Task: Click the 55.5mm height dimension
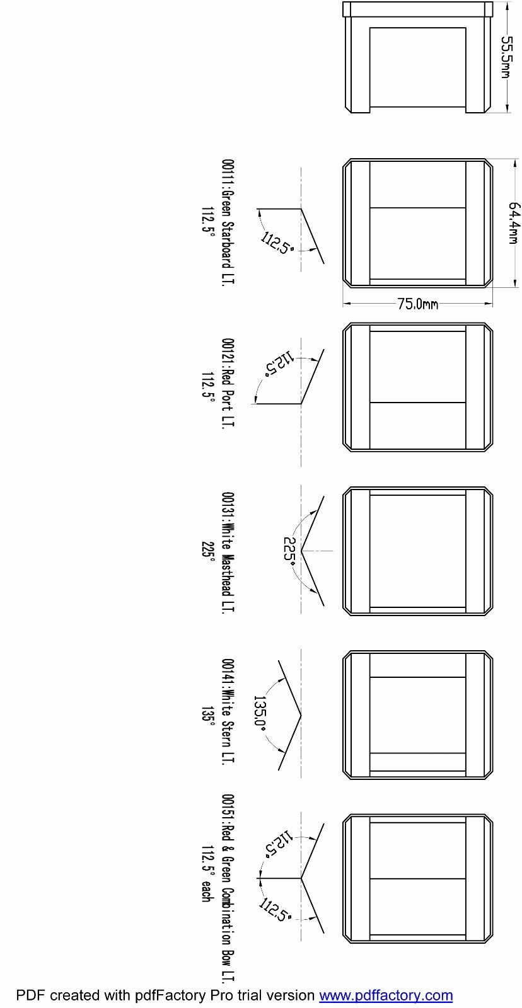pyautogui.click(x=507, y=57)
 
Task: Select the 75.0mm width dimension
pyautogui.click(x=417, y=304)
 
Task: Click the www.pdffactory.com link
pyautogui.click(x=386, y=995)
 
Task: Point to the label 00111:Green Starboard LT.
pyautogui.click(x=228, y=222)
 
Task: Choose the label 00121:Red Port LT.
pyautogui.click(x=228, y=384)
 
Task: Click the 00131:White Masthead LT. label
pyautogui.click(x=228, y=552)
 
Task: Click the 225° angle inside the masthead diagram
pyautogui.click(x=289, y=551)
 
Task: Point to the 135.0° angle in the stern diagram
pyautogui.click(x=260, y=714)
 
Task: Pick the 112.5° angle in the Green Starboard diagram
pyautogui.click(x=277, y=243)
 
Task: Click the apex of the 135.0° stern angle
pyautogui.click(x=301, y=715)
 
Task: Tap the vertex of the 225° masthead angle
pyautogui.click(x=301, y=551)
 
